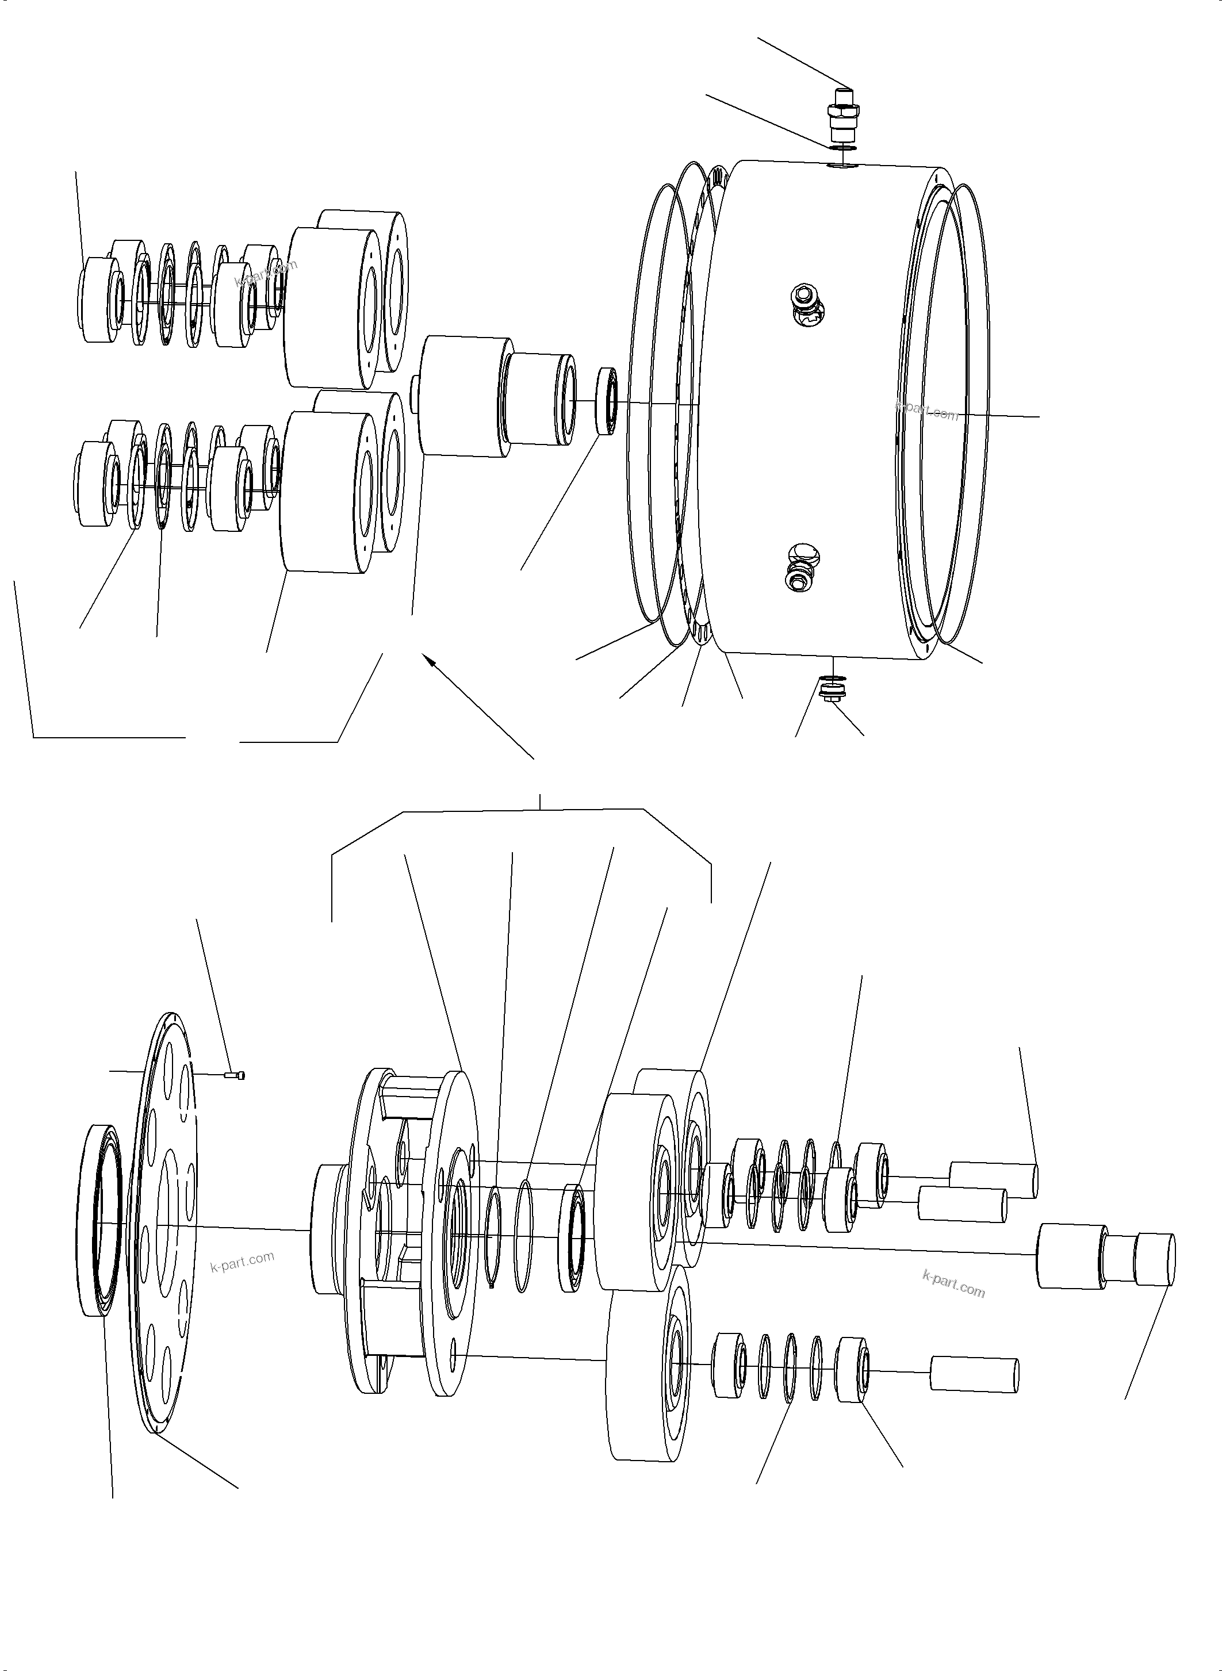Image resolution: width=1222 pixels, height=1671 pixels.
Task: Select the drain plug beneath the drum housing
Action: tap(832, 693)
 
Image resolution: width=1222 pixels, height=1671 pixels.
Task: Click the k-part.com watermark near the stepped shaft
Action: tap(953, 1284)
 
